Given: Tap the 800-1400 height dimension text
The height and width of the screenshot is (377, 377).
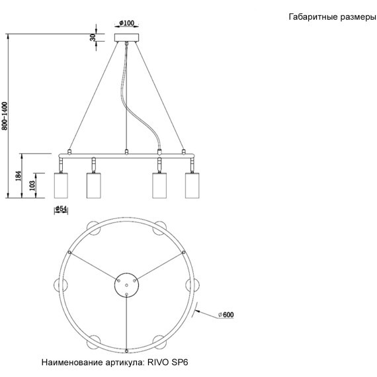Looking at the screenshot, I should pyautogui.click(x=5, y=116).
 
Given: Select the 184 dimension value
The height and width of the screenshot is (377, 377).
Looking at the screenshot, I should pyautogui.click(x=19, y=176).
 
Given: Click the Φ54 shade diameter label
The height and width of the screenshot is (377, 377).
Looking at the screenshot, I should pyautogui.click(x=61, y=209).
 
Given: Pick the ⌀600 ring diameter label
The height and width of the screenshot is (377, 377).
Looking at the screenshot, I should pyautogui.click(x=225, y=315).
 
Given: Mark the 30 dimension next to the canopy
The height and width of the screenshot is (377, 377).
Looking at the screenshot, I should pyautogui.click(x=93, y=38).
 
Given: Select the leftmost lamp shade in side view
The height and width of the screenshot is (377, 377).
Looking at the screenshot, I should pyautogui.click(x=61, y=185).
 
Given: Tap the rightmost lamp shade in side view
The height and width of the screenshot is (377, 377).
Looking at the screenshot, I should pyautogui.click(x=192, y=185).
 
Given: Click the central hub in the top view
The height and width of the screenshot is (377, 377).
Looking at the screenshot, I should pyautogui.click(x=126, y=284).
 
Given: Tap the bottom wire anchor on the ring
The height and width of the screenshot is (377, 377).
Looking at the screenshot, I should pyautogui.click(x=126, y=349).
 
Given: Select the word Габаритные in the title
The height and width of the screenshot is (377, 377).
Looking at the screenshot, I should pyautogui.click(x=312, y=18).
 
